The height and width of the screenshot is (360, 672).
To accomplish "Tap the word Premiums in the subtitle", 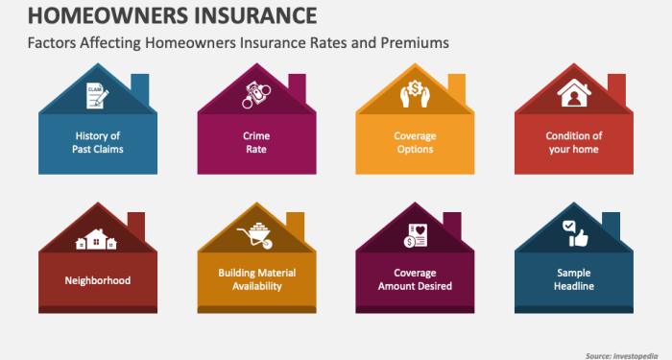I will click(415, 43).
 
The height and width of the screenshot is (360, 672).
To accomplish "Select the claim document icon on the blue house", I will click(96, 95).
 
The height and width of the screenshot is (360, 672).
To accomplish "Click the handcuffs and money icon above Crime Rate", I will click(255, 95).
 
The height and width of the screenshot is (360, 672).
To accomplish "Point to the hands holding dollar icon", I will click(415, 95).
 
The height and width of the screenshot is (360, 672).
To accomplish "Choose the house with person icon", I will click(574, 95).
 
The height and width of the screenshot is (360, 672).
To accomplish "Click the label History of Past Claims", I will click(96, 142).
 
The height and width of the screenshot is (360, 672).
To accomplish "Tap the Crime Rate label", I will click(255, 142).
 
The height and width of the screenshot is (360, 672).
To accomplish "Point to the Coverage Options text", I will click(415, 142).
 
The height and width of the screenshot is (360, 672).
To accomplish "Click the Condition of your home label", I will click(574, 142).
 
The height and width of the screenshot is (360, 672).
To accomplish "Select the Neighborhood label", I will click(96, 280).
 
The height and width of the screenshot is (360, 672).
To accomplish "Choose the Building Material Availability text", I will click(255, 280).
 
